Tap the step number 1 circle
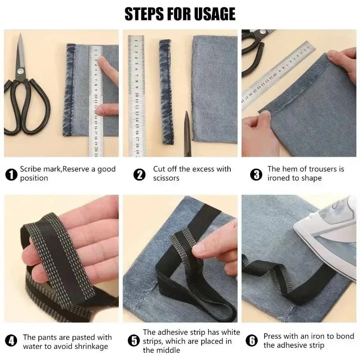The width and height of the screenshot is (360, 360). (11, 174)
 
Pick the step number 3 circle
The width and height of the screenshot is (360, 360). (256, 174)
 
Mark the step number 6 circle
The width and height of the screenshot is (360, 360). (253, 341)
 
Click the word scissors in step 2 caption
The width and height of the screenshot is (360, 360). (166, 178)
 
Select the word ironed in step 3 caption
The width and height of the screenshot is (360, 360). (279, 178)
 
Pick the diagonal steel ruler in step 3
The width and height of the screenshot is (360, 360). (274, 76)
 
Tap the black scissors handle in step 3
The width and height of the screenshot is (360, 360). (252, 49)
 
